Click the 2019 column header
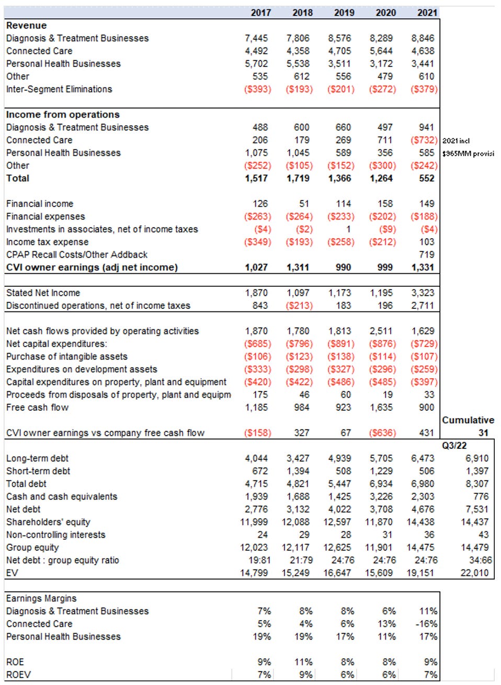point(344,13)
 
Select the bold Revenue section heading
point(26,26)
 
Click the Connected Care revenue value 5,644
point(385,51)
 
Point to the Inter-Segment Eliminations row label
point(59,89)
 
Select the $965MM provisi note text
point(468,154)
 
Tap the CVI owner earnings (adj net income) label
point(92,268)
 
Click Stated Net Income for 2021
point(423,293)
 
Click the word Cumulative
point(468,420)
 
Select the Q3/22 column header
point(454,446)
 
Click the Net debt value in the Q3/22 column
point(476,509)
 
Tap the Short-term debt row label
point(38,471)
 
